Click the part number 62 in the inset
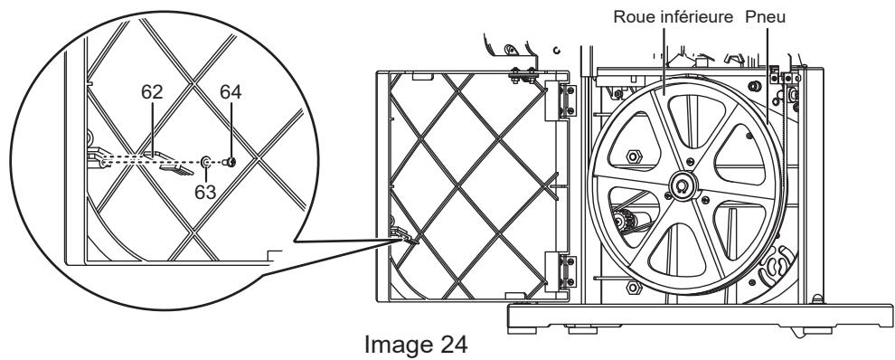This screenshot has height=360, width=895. (152, 92)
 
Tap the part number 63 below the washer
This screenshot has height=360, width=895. (205, 192)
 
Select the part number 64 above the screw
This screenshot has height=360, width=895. (231, 92)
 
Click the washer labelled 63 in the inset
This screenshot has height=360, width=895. (205, 163)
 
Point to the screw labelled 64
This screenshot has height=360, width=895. (230, 162)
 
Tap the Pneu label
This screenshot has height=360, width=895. (766, 17)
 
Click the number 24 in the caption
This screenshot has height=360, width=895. (454, 345)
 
